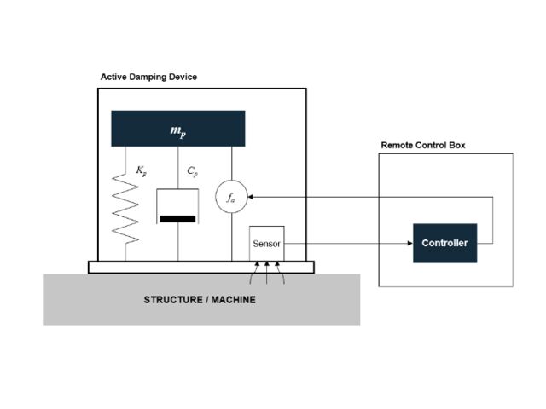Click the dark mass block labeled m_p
coord(177,128)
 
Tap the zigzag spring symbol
coord(125,208)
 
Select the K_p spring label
coord(142,172)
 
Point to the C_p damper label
coord(193,172)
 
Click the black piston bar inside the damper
coord(177,219)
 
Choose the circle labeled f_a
coord(231,196)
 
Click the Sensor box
coord(266,244)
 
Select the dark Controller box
coord(444,243)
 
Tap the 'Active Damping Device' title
coord(148,77)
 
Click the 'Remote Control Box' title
coord(423,146)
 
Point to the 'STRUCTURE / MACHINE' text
coord(200,300)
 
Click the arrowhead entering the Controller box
coord(409,244)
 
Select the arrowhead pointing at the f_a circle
coord(251,196)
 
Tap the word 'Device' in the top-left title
coord(184,77)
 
